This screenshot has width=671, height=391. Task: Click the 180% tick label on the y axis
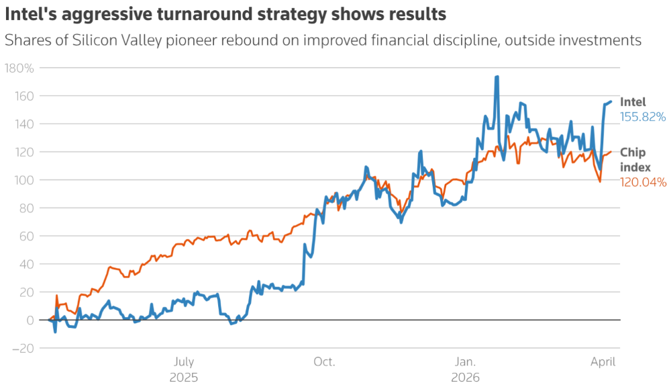coord(19,68)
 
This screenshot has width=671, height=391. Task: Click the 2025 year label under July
coord(183,378)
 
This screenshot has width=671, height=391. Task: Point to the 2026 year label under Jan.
coord(466,378)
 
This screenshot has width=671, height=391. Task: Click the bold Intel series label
coord(633,102)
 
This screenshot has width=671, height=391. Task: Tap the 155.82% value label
coord(643,117)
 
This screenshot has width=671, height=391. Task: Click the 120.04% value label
coord(643,182)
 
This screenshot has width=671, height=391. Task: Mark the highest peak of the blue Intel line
coord(497,77)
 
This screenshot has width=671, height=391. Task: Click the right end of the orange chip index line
coord(611,152)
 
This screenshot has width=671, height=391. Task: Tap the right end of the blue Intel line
coord(611,101)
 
